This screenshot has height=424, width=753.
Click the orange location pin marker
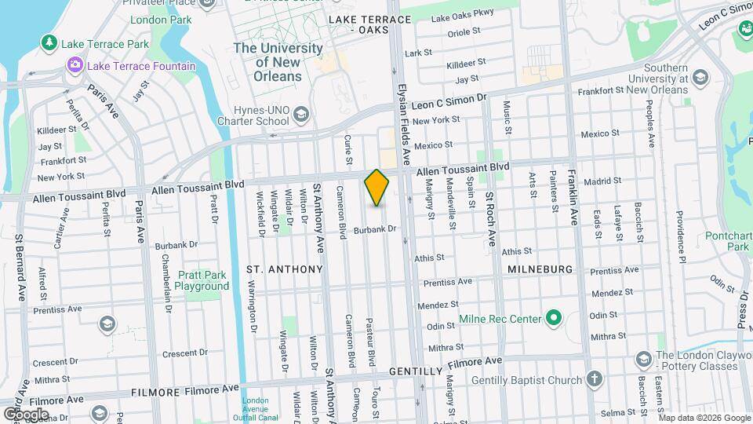(x=376, y=187)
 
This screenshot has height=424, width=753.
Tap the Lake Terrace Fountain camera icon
(x=75, y=65)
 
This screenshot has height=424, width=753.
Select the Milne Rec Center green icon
(x=554, y=319)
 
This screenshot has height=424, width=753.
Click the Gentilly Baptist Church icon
(x=595, y=381)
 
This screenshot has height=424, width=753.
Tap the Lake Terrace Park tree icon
(x=49, y=42)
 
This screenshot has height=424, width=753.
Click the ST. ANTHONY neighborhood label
(x=285, y=269)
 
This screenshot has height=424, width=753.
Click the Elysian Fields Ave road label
(x=403, y=114)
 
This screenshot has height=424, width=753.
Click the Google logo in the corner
(x=26, y=414)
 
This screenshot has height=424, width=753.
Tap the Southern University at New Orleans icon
(x=700, y=78)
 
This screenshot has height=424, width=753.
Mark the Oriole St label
(x=464, y=32)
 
